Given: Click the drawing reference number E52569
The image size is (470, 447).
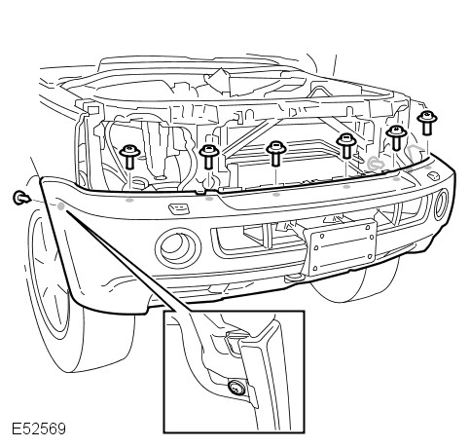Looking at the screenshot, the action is [39, 428].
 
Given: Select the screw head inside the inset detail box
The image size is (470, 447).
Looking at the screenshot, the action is [236, 388].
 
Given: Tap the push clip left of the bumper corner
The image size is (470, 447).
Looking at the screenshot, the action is [21, 198].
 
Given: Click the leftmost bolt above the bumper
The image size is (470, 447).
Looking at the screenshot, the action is [129, 157].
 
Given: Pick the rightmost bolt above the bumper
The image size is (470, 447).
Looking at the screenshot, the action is [427, 123].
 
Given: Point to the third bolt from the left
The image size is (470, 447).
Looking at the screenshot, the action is [275, 153].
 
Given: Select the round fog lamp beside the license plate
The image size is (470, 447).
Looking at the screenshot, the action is [178, 247].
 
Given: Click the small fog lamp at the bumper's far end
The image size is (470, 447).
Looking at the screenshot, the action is [441, 205].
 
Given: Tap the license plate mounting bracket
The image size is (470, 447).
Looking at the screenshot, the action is [343, 247].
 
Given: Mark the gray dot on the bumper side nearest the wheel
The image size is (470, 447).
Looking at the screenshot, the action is [60, 205].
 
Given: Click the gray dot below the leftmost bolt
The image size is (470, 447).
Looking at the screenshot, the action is [129, 201].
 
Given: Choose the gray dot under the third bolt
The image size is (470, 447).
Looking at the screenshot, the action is [276, 195].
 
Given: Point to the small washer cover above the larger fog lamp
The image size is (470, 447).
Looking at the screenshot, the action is [178, 208].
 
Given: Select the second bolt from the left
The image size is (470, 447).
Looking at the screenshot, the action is [208, 157].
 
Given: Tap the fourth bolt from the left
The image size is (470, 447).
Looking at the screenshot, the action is [346, 146].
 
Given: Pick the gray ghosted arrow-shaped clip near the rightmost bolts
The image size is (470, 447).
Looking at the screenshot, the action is [416, 155].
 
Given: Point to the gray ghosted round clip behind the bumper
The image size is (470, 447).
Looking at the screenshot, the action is [376, 163].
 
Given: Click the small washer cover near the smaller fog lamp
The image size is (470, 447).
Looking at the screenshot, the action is [433, 176].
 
